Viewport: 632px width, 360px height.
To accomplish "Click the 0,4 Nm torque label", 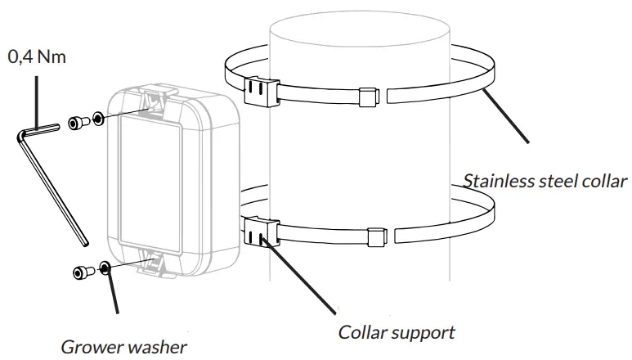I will pyautogui.click(x=37, y=57).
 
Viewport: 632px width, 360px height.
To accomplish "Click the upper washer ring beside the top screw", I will pyautogui.click(x=98, y=119).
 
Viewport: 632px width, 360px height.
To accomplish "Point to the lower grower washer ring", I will pyautogui.click(x=105, y=268).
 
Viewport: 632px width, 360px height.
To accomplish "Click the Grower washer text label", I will pyautogui.click(x=123, y=346).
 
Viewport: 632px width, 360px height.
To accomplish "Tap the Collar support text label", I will pyautogui.click(x=397, y=332).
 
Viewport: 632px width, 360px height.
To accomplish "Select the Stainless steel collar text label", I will pyautogui.click(x=545, y=181).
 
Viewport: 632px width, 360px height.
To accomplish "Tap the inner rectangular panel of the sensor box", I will pyautogui.click(x=152, y=182).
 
